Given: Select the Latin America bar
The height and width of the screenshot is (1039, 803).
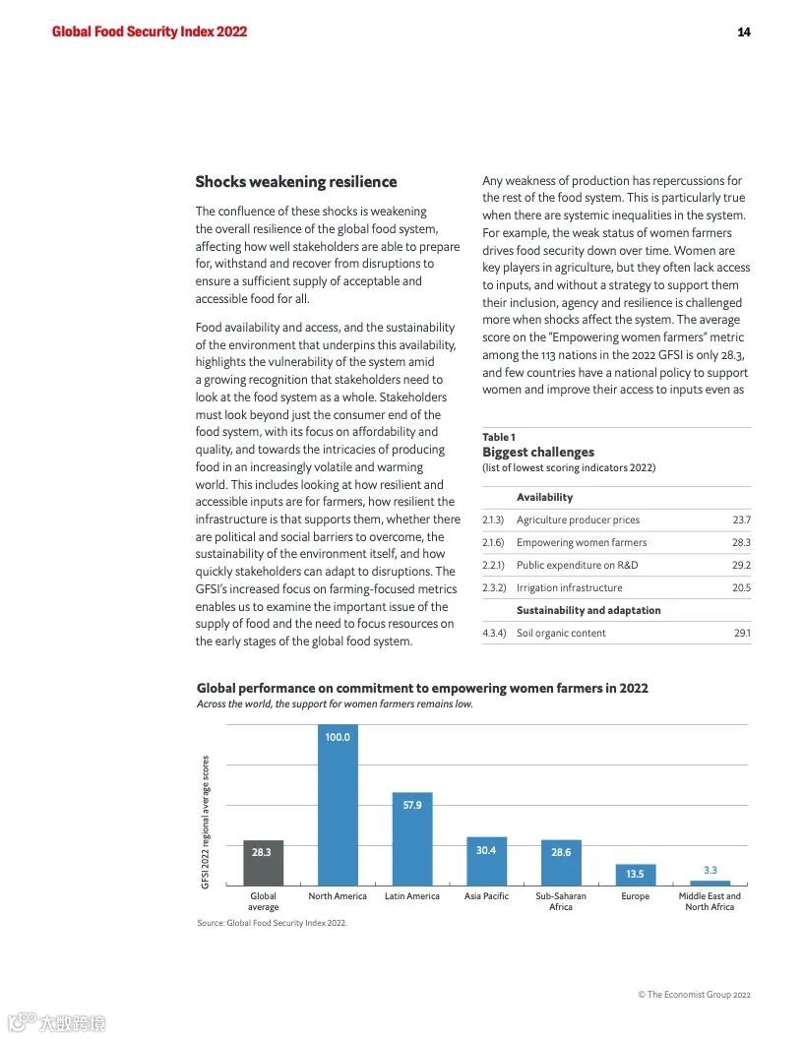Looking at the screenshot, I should [x=412, y=838].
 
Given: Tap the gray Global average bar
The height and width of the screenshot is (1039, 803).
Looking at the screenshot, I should [x=263, y=863].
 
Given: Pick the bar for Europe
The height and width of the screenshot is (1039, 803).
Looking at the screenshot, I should [x=635, y=875].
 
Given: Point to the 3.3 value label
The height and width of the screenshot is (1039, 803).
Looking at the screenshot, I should [x=710, y=870].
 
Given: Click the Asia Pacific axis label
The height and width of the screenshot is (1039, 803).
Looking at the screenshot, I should [x=486, y=896].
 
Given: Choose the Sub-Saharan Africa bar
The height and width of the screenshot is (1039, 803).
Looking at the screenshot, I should [x=561, y=863].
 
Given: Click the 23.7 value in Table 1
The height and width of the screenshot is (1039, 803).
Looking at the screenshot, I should [x=741, y=519].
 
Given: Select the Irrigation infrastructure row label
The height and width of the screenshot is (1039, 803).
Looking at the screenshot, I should [x=569, y=587].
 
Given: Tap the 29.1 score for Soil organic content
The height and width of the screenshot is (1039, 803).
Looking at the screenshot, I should [x=741, y=633].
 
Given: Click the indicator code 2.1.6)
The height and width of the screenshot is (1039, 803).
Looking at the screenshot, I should [x=493, y=542].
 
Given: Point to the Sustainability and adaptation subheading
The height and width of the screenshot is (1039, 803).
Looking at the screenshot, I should [x=588, y=610].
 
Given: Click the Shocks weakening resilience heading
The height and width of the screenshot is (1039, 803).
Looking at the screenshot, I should [x=296, y=182].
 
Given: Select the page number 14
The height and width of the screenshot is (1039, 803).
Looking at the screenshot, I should [x=744, y=31].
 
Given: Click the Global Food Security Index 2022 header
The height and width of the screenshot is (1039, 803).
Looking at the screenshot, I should [x=150, y=31].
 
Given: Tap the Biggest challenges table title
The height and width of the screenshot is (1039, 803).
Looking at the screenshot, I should [x=538, y=453].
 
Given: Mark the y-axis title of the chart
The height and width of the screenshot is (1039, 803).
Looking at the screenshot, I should [x=206, y=822].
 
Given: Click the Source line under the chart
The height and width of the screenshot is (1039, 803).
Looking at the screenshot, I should [x=272, y=923].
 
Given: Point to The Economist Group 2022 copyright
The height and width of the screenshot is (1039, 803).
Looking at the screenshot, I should [x=694, y=995].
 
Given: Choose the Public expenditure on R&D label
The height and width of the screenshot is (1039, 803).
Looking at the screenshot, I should [x=577, y=565].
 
